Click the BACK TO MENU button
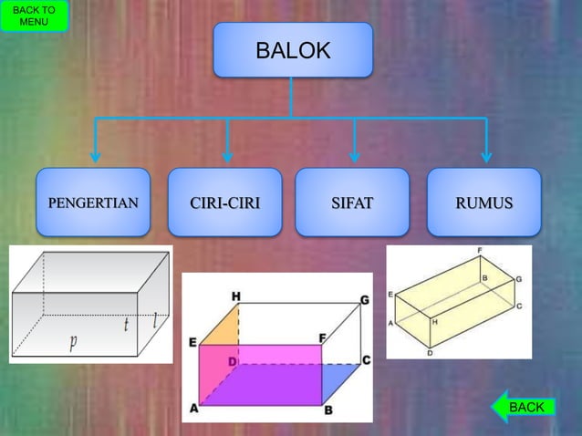pyautogui.click(x=34, y=16)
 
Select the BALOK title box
pyautogui.click(x=293, y=50)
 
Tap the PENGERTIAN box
pyautogui.click(x=93, y=202)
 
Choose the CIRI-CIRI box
pyautogui.click(x=224, y=202)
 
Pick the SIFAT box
pyautogui.click(x=352, y=202)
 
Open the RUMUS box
pyautogui.click(x=483, y=202)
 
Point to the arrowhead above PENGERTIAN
pyautogui.click(x=95, y=157)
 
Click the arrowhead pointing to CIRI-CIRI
pyautogui.click(x=227, y=157)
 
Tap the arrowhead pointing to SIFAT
pyautogui.click(x=354, y=157)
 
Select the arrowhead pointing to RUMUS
pyautogui.click(x=485, y=157)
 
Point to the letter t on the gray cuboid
pyautogui.click(x=128, y=324)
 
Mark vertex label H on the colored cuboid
pyautogui.click(x=236, y=296)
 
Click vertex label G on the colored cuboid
pyautogui.click(x=364, y=299)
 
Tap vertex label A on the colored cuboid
pyautogui.click(x=194, y=410)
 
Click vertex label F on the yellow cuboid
pyautogui.click(x=481, y=250)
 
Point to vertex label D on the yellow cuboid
pyautogui.click(x=430, y=353)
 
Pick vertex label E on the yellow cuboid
pyautogui.click(x=390, y=295)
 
